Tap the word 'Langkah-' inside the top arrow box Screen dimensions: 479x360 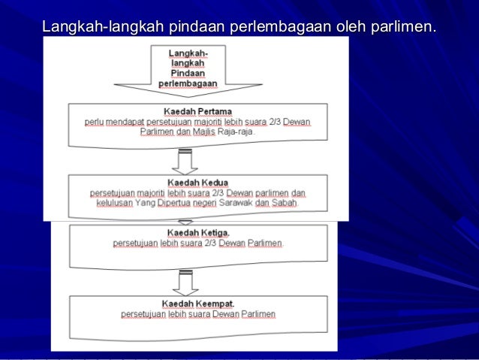pyautogui.click(x=188, y=54)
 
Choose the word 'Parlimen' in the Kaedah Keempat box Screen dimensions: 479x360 pyautogui.click(x=258, y=314)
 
